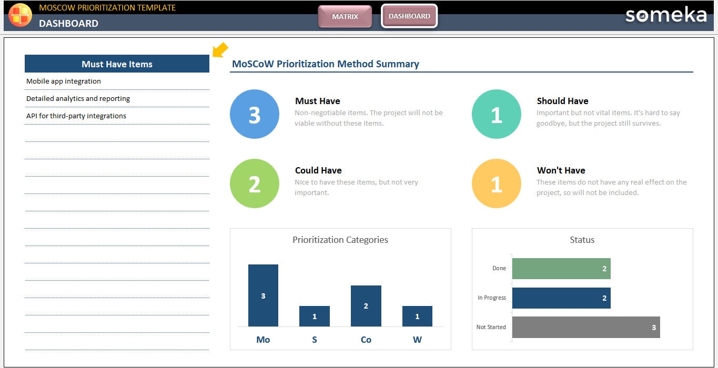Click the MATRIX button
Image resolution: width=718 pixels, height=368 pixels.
click(345, 16)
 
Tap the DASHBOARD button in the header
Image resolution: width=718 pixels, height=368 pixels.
click(409, 16)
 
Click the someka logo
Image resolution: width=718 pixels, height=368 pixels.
click(665, 15)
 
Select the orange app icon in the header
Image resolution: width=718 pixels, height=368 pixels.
click(20, 14)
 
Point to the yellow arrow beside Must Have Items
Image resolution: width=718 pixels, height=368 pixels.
click(220, 50)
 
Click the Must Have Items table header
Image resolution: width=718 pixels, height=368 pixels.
click(117, 64)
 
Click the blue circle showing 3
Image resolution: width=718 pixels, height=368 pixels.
click(255, 114)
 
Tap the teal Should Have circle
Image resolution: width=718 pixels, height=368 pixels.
click(497, 114)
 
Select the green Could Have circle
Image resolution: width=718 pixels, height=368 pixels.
click(255, 183)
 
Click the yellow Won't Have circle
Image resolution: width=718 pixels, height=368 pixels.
click(497, 183)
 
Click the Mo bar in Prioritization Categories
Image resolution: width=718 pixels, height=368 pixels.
click(263, 295)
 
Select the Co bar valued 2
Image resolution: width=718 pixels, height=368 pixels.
click(366, 306)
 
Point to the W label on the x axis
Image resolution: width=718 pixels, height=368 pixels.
click(417, 340)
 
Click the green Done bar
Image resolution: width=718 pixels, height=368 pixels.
click(561, 268)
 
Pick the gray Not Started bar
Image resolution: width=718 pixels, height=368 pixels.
click(585, 327)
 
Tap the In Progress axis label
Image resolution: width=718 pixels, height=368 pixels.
click(491, 298)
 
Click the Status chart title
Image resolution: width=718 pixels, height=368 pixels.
click(582, 240)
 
